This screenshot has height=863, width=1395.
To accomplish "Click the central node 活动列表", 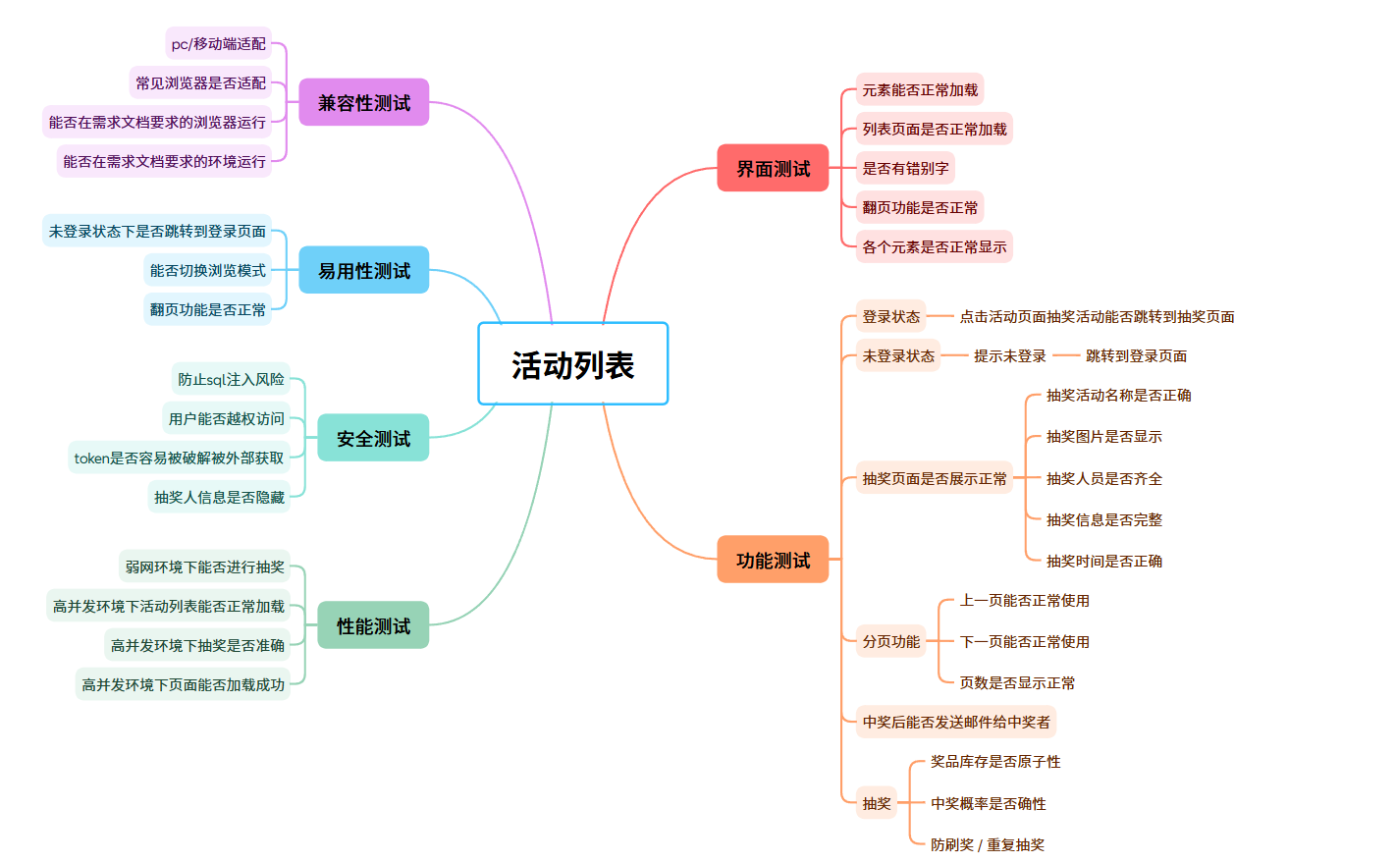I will (572, 364).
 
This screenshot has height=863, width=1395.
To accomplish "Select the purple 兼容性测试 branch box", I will (363, 103).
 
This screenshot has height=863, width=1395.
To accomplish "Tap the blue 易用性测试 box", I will (363, 270).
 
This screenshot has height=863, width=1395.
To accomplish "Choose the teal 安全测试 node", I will (373, 438).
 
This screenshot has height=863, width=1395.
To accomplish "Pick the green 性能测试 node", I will (373, 625).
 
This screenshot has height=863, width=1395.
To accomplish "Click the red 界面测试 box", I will (773, 168).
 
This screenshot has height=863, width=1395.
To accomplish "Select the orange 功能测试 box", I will (773, 560).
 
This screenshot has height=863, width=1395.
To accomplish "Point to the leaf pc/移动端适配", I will (218, 43).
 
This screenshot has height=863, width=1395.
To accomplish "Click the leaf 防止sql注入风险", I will (231, 379).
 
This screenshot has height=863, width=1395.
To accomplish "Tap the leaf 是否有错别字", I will (905, 168).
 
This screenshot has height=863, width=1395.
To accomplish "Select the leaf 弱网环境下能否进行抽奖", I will (204, 566).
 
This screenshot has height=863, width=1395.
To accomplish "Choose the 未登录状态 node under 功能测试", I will (898, 355).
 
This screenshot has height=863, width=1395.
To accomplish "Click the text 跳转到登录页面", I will (1136, 355).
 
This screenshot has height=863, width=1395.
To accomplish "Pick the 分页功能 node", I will (890, 641).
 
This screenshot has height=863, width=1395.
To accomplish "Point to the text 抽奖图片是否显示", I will (1103, 436).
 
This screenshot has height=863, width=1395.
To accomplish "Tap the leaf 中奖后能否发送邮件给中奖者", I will (956, 722).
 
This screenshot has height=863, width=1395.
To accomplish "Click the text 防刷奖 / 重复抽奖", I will (988, 844).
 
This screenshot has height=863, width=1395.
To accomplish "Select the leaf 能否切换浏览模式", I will (207, 270).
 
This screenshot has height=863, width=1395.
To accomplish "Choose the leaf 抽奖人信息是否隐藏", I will (219, 497).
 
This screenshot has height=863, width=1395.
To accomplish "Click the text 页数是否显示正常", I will (1017, 682).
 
